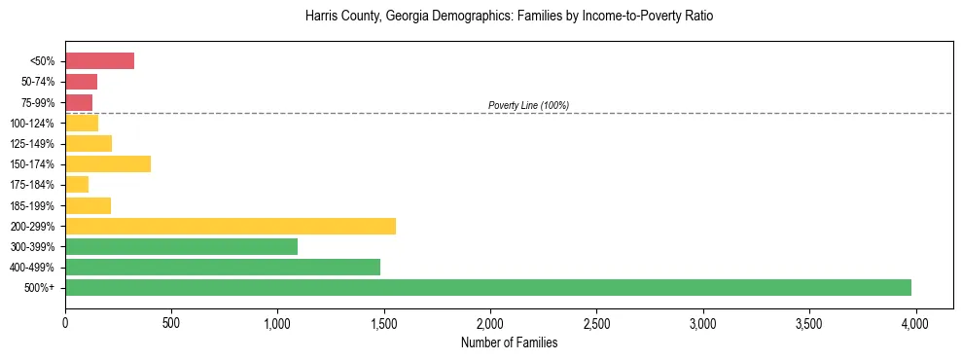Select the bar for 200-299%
pyautogui.click(x=231, y=226)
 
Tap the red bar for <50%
pyautogui.click(x=99, y=61)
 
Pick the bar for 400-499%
pyautogui.click(x=223, y=267)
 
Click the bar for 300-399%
pyautogui.click(x=181, y=246)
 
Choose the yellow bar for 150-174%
pyautogui.click(x=108, y=163)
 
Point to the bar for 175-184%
pyautogui.click(x=77, y=184)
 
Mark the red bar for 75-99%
pyautogui.click(x=79, y=102)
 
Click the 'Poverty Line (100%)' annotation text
pyautogui.click(x=528, y=105)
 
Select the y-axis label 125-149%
pyautogui.click(x=32, y=144)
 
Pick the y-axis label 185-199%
pyautogui.click(x=32, y=205)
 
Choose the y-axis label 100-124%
pyautogui.click(x=32, y=124)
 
